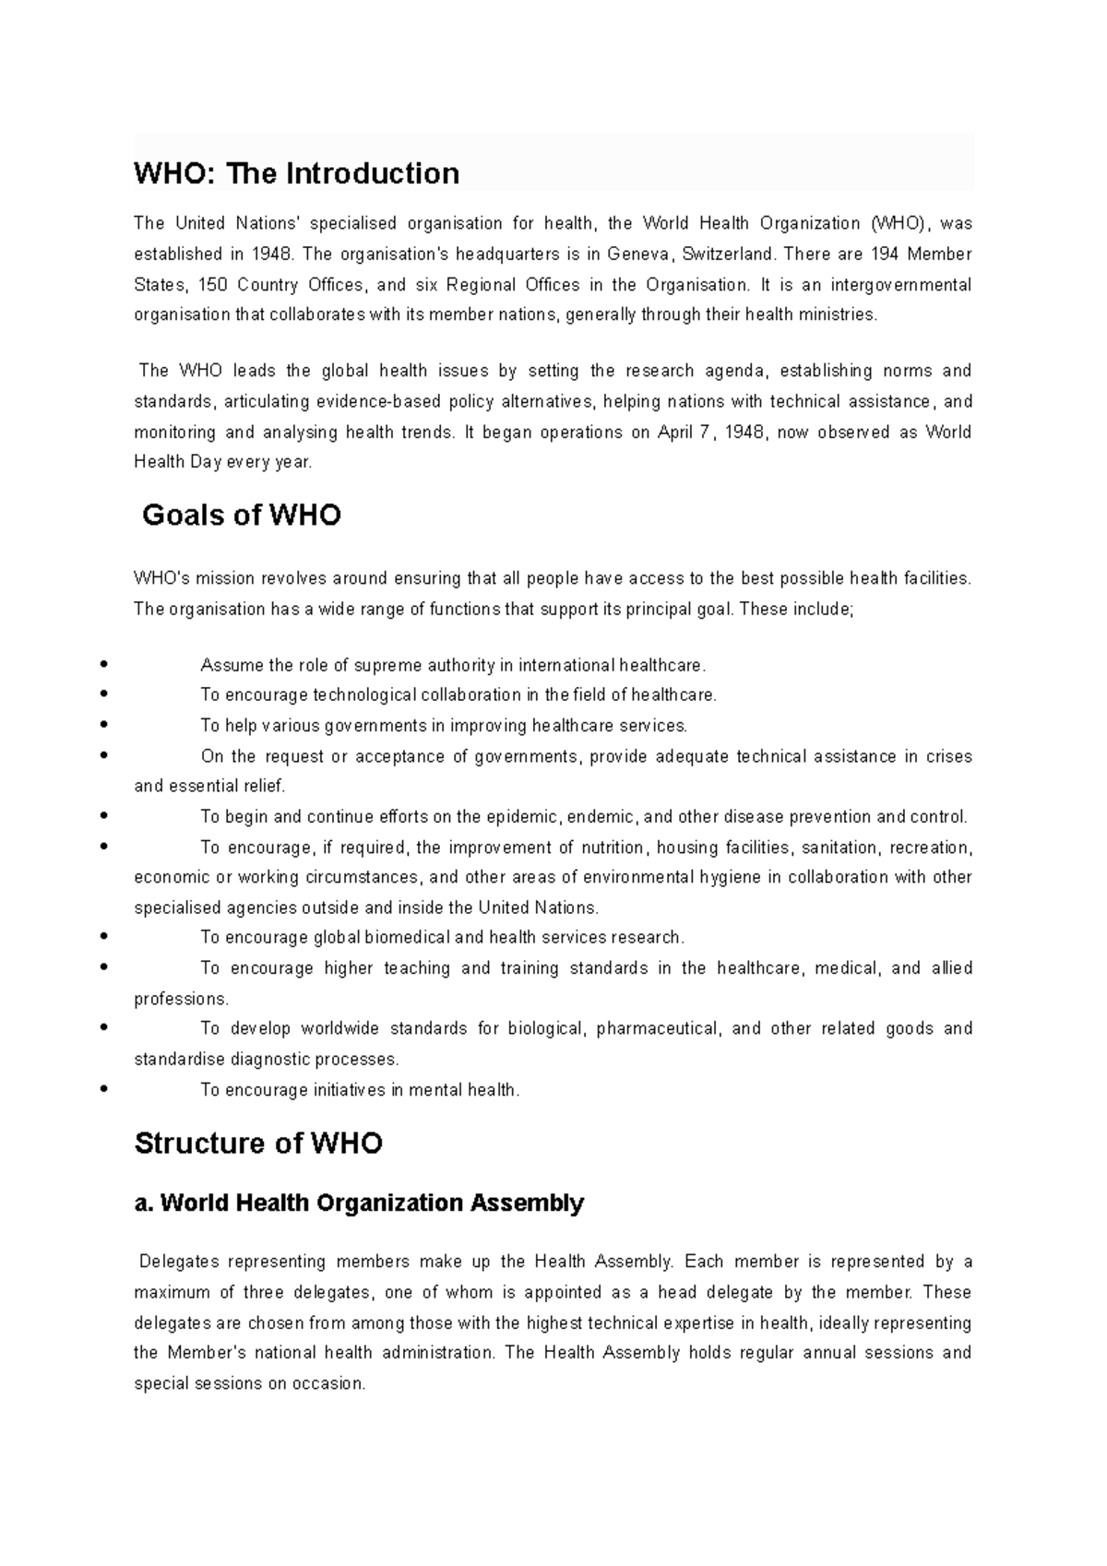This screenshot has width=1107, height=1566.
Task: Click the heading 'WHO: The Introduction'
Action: point(296,173)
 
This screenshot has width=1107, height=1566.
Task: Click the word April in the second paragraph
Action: point(677,433)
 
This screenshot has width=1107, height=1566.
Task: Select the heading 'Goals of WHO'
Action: point(242,515)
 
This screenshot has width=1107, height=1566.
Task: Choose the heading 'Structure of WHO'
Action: point(258,1144)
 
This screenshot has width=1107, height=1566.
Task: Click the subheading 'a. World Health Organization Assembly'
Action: point(359,1203)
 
